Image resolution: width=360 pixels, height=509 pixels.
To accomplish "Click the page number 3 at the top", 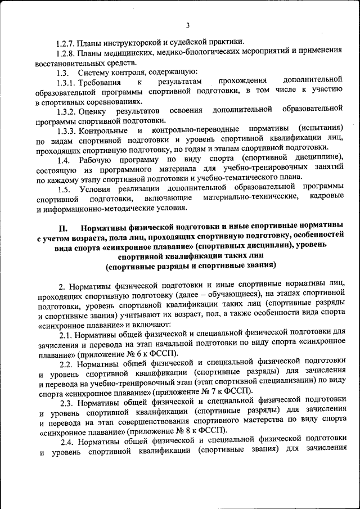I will (188, 25).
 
